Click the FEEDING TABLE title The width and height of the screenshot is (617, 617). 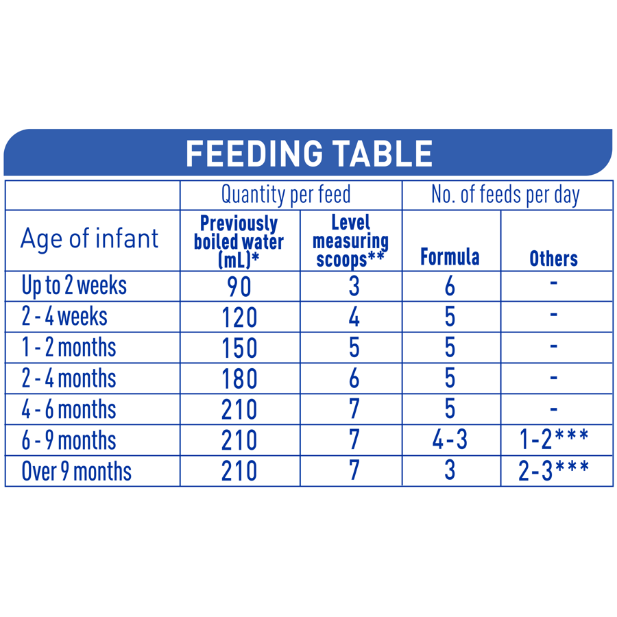click(309, 153)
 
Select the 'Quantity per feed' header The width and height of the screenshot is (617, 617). click(285, 195)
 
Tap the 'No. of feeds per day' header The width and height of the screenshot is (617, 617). click(505, 195)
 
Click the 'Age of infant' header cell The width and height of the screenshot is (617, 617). click(89, 239)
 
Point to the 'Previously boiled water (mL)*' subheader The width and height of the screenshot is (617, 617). click(239, 241)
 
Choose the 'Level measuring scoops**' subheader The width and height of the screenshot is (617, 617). click(350, 241)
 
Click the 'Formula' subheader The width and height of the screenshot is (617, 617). click(450, 258)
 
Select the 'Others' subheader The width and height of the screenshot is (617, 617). click(553, 258)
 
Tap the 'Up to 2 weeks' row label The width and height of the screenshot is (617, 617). click(74, 285)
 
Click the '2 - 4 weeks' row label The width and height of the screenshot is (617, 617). click(64, 317)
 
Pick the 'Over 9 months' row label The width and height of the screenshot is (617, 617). click(76, 472)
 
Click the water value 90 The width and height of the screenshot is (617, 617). click(239, 287)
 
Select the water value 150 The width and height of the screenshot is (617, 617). click(239, 348)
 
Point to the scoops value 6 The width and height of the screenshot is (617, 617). click(354, 379)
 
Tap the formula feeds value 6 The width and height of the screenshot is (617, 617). click(450, 287)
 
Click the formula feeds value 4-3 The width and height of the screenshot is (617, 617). click(450, 441)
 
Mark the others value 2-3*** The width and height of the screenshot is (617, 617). click(554, 471)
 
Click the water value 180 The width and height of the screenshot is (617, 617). click(239, 379)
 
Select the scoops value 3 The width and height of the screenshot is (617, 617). click(354, 287)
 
